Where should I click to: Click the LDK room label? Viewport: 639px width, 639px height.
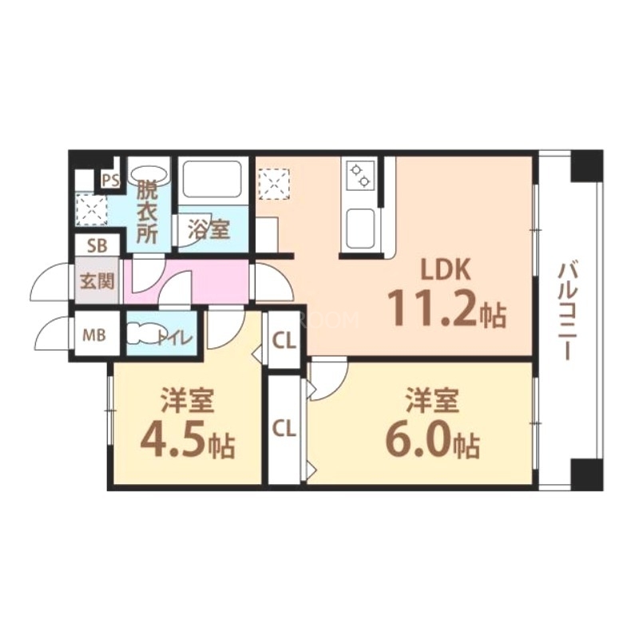click(x=447, y=269)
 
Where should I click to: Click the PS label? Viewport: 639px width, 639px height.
click(x=110, y=181)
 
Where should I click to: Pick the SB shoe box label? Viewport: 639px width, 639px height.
click(x=97, y=245)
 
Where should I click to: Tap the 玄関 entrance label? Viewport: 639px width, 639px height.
click(x=97, y=281)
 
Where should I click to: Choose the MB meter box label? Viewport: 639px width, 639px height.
click(x=94, y=335)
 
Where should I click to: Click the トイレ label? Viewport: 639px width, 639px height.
click(x=175, y=338)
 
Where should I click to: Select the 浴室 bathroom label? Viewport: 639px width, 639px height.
click(x=209, y=230)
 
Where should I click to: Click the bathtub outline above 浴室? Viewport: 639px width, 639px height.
click(x=212, y=178)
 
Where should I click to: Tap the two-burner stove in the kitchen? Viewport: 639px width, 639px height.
click(x=361, y=174)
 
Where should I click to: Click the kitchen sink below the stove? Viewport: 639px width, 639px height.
click(x=360, y=228)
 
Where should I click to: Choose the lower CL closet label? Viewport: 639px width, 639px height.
click(x=284, y=429)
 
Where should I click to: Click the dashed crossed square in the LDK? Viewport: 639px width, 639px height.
click(x=274, y=184)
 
